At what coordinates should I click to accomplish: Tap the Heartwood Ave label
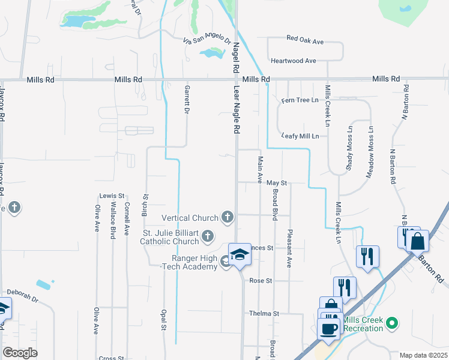click(293, 61)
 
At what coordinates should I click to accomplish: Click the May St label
click(277, 182)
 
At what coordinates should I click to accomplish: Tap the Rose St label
click(261, 281)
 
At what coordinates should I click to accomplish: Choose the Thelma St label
click(265, 313)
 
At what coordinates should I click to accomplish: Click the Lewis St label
click(112, 196)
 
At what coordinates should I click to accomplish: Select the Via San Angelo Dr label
click(207, 40)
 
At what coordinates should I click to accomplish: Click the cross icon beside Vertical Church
click(227, 216)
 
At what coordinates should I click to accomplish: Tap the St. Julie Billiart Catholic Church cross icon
click(207, 235)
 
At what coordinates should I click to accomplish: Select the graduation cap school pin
click(240, 254)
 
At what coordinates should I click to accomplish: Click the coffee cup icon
click(329, 329)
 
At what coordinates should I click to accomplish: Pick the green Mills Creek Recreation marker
click(392, 323)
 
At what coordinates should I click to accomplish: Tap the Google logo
click(19, 353)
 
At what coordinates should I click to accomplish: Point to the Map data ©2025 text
click(423, 355)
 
